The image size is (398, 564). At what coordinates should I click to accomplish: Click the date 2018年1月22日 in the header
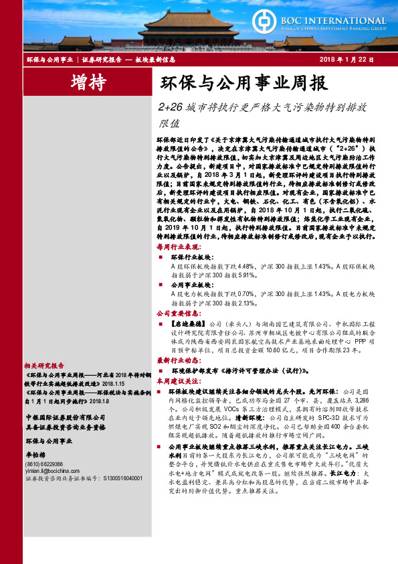point(352,60)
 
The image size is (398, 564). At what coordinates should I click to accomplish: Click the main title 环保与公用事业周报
point(243,84)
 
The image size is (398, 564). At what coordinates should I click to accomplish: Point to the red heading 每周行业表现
point(178,247)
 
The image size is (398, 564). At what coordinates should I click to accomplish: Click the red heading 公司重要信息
point(178,312)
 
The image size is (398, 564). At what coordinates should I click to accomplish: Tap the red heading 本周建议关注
point(178,379)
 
